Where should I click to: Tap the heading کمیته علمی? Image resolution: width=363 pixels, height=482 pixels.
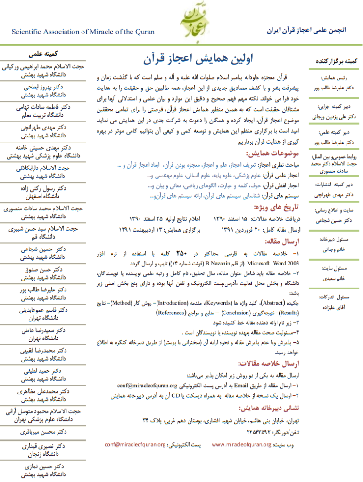43,54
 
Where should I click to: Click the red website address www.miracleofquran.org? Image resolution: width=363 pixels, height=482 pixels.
241,444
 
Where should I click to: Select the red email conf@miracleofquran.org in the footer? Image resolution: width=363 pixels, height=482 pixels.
135,444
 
